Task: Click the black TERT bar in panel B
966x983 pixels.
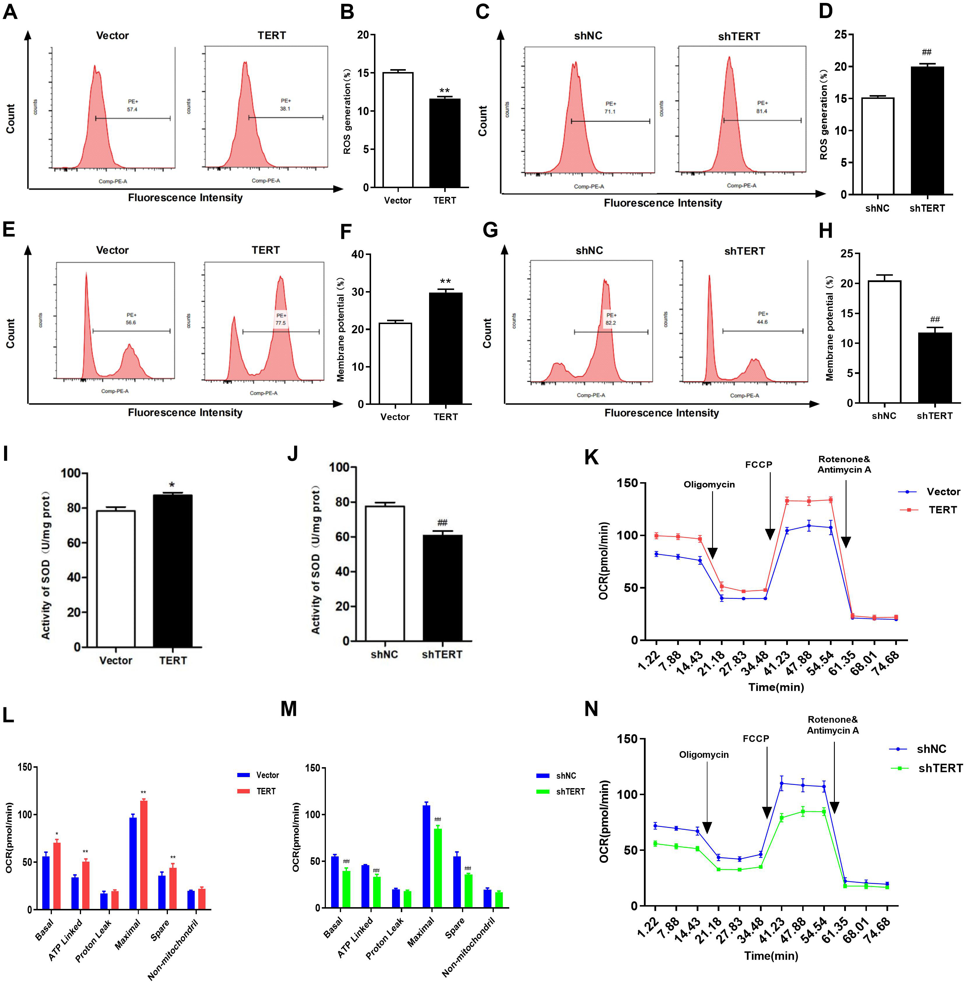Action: click(x=445, y=143)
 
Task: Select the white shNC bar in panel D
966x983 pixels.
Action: click(x=877, y=146)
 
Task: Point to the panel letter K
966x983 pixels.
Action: click(x=591, y=457)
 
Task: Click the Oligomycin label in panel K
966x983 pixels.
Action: click(x=709, y=484)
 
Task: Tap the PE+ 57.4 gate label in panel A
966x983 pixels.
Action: click(x=132, y=105)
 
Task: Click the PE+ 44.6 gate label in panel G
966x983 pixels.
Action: click(x=762, y=318)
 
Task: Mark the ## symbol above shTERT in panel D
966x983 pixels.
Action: click(x=926, y=52)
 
